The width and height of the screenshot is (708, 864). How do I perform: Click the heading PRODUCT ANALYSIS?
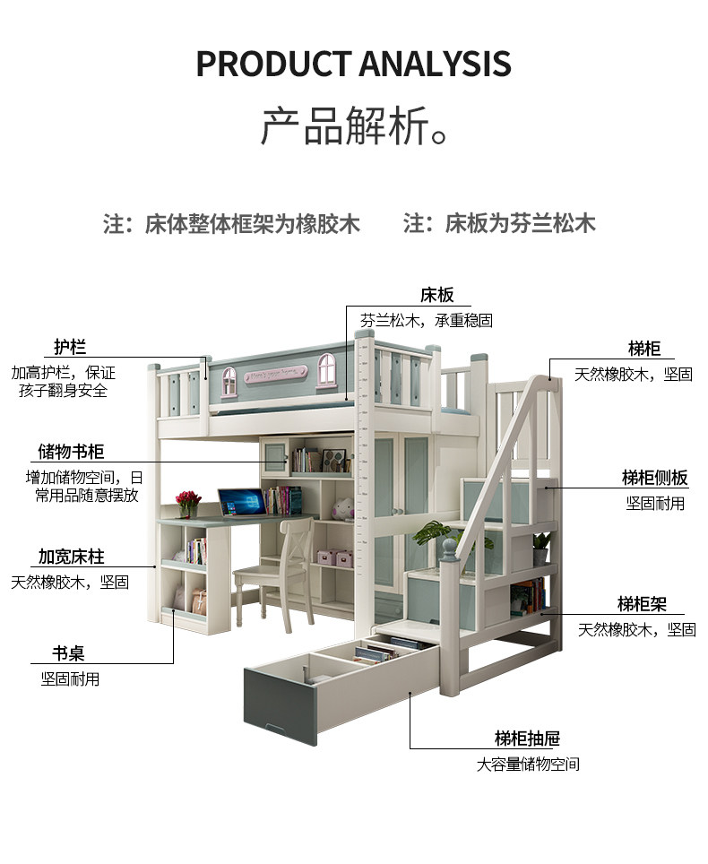tap(354, 64)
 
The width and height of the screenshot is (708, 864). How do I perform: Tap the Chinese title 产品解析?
tap(354, 126)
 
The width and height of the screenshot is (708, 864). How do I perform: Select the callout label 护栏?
tap(70, 347)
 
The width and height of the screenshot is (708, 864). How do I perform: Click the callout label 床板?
tap(437, 296)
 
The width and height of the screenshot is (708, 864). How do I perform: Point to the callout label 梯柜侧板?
tap(655, 478)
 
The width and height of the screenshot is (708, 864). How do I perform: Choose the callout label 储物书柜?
tap(71, 452)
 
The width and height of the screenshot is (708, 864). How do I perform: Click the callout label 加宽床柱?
tap(71, 557)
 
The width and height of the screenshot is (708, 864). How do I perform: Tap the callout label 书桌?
tap(69, 653)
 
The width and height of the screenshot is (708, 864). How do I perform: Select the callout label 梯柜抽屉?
tap(527, 739)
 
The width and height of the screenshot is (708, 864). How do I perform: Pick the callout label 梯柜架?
tap(642, 604)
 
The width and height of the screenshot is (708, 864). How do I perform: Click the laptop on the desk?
tap(243, 503)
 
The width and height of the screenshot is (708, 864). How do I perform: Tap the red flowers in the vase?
tap(188, 498)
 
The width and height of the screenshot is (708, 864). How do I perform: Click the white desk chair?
tap(273, 573)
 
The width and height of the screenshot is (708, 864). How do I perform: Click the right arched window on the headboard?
tap(327, 369)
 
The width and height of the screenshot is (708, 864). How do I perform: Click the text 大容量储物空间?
tap(528, 765)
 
